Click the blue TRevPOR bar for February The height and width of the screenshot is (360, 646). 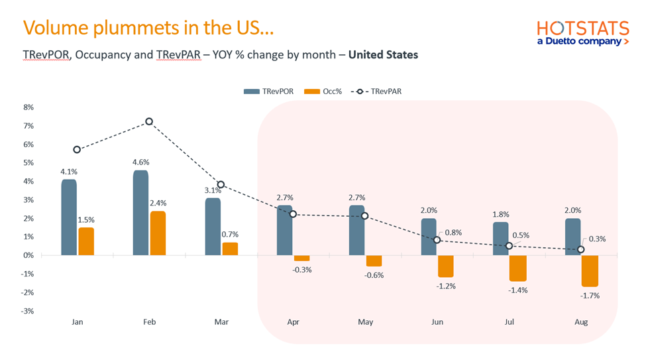tap(140, 213)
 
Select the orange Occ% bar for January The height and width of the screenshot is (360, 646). tap(86, 241)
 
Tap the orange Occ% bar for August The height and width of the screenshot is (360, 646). tap(590, 270)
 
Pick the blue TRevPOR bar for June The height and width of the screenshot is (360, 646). tap(429, 237)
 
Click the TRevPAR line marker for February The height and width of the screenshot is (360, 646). tap(149, 121)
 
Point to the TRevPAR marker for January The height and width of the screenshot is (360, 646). tap(77, 150)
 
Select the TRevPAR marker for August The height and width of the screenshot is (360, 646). tap(581, 249)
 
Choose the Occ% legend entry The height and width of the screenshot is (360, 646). tap(323, 91)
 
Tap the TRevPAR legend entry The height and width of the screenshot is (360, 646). tap(376, 91)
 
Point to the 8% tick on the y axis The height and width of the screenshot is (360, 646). tap(28, 107)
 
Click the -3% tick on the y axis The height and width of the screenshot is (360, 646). tap(28, 311)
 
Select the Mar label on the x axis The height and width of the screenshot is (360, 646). tap(221, 322)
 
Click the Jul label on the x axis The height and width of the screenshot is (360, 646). tap(509, 322)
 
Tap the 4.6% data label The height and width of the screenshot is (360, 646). tap(140, 162)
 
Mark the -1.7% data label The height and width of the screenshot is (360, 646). tap(590, 296)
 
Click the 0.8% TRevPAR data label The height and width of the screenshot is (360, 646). tap(455, 232)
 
